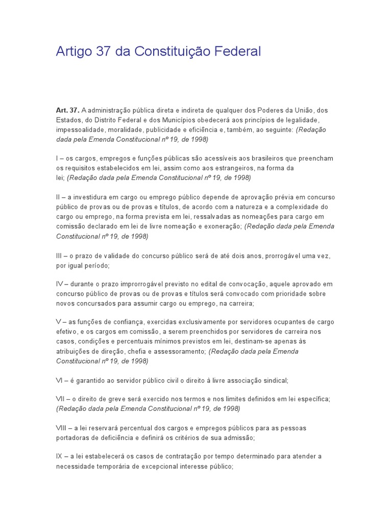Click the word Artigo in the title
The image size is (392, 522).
[x=73, y=51]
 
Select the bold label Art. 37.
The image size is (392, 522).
[x=67, y=111]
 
